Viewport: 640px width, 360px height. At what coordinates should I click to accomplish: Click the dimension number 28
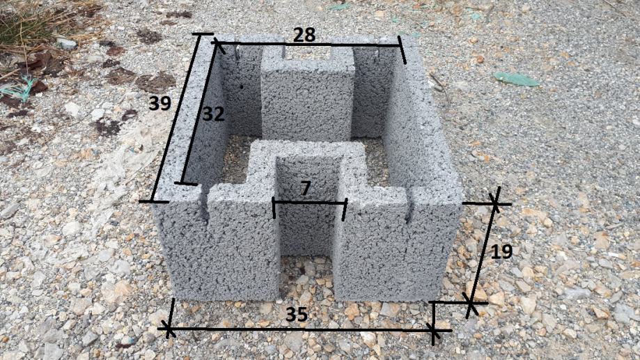pos(304,35)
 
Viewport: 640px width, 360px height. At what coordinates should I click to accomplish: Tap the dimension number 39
pos(159,103)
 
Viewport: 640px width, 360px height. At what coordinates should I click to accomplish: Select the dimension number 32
pos(214,114)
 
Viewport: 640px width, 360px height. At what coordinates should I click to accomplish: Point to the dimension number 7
pos(305,189)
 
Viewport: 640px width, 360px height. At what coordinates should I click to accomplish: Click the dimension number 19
pos(501,251)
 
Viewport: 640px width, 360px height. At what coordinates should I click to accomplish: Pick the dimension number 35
pos(297,315)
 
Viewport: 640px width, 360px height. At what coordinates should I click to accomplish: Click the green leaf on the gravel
pos(516,79)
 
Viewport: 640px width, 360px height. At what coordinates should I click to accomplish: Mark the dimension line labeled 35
pos(301,329)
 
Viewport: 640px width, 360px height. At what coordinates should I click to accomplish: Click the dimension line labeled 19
pos(483,253)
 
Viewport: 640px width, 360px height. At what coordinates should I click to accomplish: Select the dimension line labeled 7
pos(309,203)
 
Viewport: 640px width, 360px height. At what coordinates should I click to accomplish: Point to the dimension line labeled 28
pos(309,44)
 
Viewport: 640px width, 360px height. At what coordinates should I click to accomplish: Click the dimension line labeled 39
pos(175,118)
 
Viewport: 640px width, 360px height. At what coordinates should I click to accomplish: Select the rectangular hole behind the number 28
pos(307,54)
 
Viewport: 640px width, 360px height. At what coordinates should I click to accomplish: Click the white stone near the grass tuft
pos(68,43)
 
